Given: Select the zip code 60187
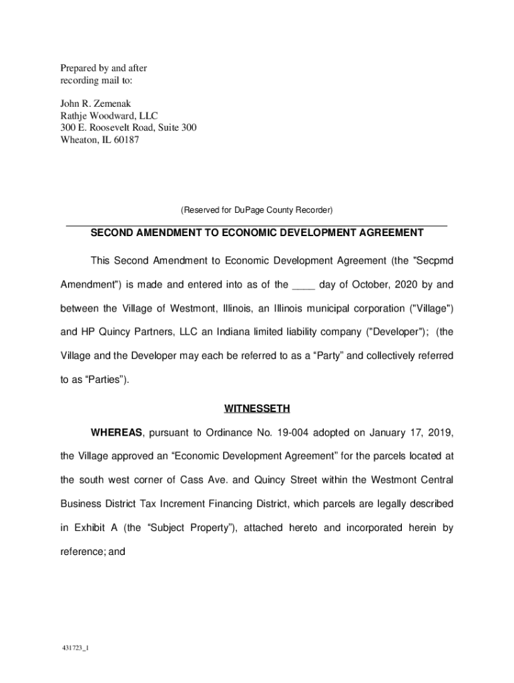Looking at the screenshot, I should pyautogui.click(x=125, y=139).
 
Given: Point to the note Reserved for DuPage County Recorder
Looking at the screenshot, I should pyautogui.click(x=256, y=210).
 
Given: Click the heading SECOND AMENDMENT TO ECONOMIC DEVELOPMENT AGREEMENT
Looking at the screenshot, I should pyautogui.click(x=256, y=233).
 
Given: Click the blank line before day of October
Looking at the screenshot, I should pyautogui.click(x=304, y=285).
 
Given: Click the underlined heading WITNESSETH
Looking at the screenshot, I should pyautogui.click(x=256, y=408).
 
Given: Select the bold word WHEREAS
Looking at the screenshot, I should pyautogui.click(x=117, y=432).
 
